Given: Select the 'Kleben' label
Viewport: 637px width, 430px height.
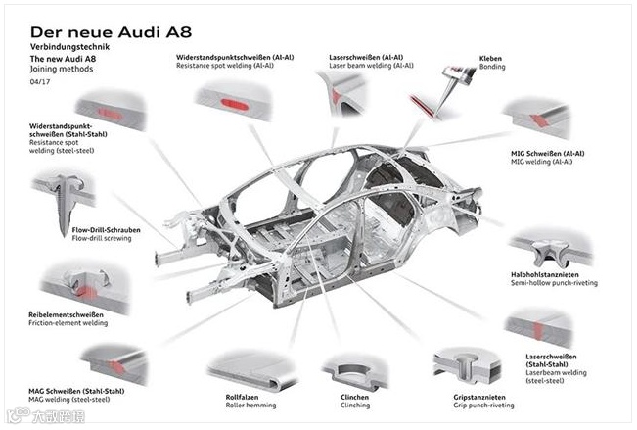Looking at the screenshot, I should pos(490,58).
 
